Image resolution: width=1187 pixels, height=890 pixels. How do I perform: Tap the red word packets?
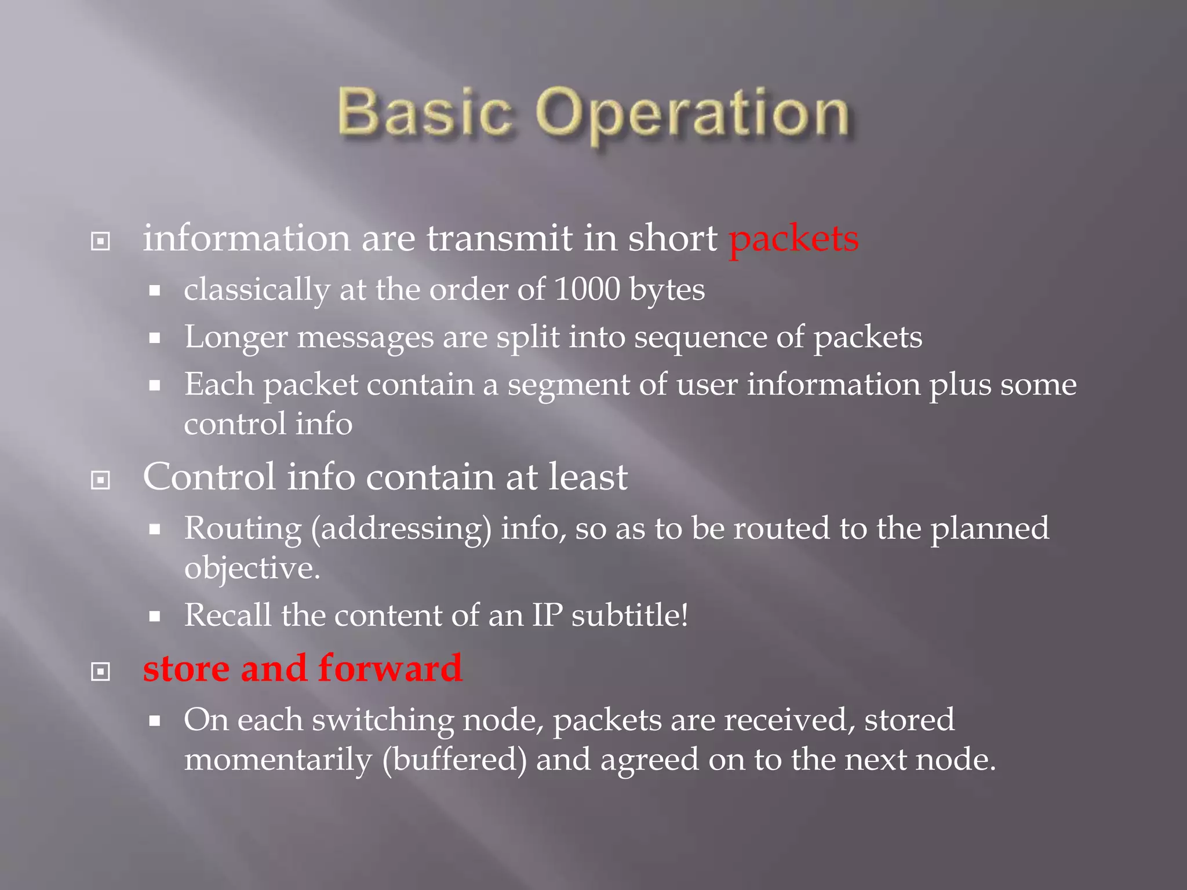click(x=793, y=239)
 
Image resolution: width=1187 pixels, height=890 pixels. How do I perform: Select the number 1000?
click(x=587, y=289)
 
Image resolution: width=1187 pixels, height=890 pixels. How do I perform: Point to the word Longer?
click(x=236, y=337)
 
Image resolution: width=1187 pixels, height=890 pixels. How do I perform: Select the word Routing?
click(x=243, y=529)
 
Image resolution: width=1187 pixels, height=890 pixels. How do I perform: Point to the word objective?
click(x=252, y=568)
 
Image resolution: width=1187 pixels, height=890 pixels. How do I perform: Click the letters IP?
click(x=547, y=615)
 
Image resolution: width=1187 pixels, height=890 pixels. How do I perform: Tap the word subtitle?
click(x=630, y=615)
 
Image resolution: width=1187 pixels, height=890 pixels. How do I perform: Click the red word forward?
click(x=390, y=668)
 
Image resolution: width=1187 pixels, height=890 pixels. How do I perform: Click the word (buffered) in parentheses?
click(x=454, y=760)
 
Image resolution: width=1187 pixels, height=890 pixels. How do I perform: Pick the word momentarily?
click(x=278, y=760)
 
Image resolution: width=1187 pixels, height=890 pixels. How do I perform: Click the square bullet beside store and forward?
click(x=101, y=672)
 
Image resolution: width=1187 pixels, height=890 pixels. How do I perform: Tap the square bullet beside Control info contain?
click(x=101, y=480)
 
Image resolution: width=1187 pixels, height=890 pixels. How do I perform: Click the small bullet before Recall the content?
click(x=154, y=617)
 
